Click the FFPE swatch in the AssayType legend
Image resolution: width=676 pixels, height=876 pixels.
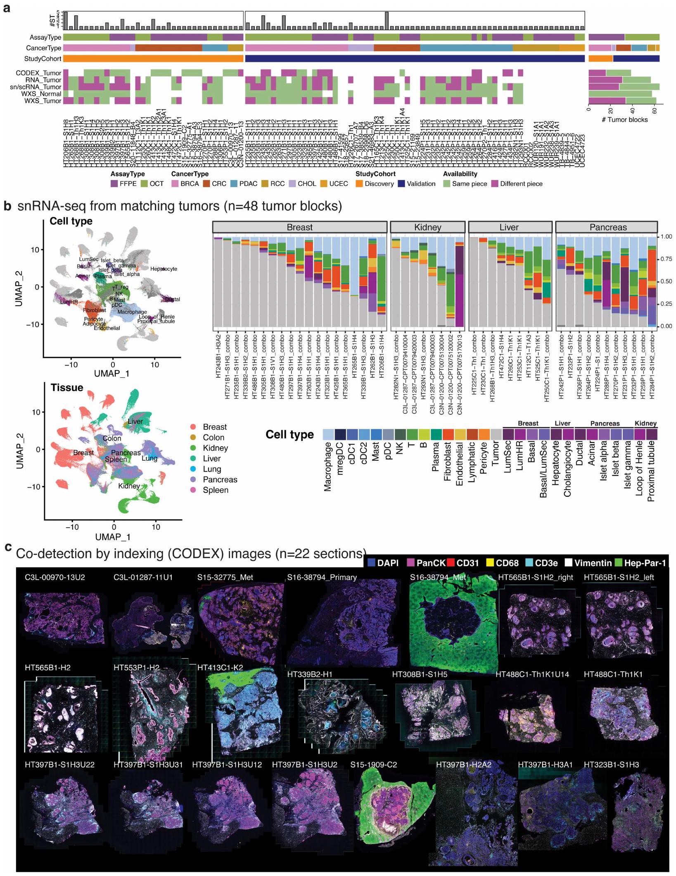click(x=115, y=184)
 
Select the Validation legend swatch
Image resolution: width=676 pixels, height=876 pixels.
click(x=401, y=184)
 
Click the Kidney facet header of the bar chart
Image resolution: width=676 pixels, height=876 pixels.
click(x=428, y=227)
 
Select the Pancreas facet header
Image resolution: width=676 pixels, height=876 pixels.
click(x=606, y=227)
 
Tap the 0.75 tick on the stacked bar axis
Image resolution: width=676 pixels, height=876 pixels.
click(x=666, y=259)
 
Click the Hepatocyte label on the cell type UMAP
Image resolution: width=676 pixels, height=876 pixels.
click(x=164, y=269)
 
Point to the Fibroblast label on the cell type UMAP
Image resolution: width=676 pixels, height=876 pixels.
click(x=94, y=310)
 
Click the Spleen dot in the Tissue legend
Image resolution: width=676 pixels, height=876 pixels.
click(x=193, y=490)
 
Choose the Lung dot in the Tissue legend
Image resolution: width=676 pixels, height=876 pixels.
click(x=193, y=469)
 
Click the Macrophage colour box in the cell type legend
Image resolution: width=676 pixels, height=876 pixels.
click(x=328, y=434)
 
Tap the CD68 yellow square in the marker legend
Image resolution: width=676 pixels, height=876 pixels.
click(x=490, y=563)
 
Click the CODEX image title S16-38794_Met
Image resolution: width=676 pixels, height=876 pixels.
click(x=438, y=577)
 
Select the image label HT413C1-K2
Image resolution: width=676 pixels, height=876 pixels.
click(x=220, y=667)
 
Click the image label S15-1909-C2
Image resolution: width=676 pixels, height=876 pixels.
click(x=373, y=765)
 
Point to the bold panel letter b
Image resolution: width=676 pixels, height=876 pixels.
click(x=7, y=206)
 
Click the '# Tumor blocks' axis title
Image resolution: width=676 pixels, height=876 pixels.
click(x=624, y=119)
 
